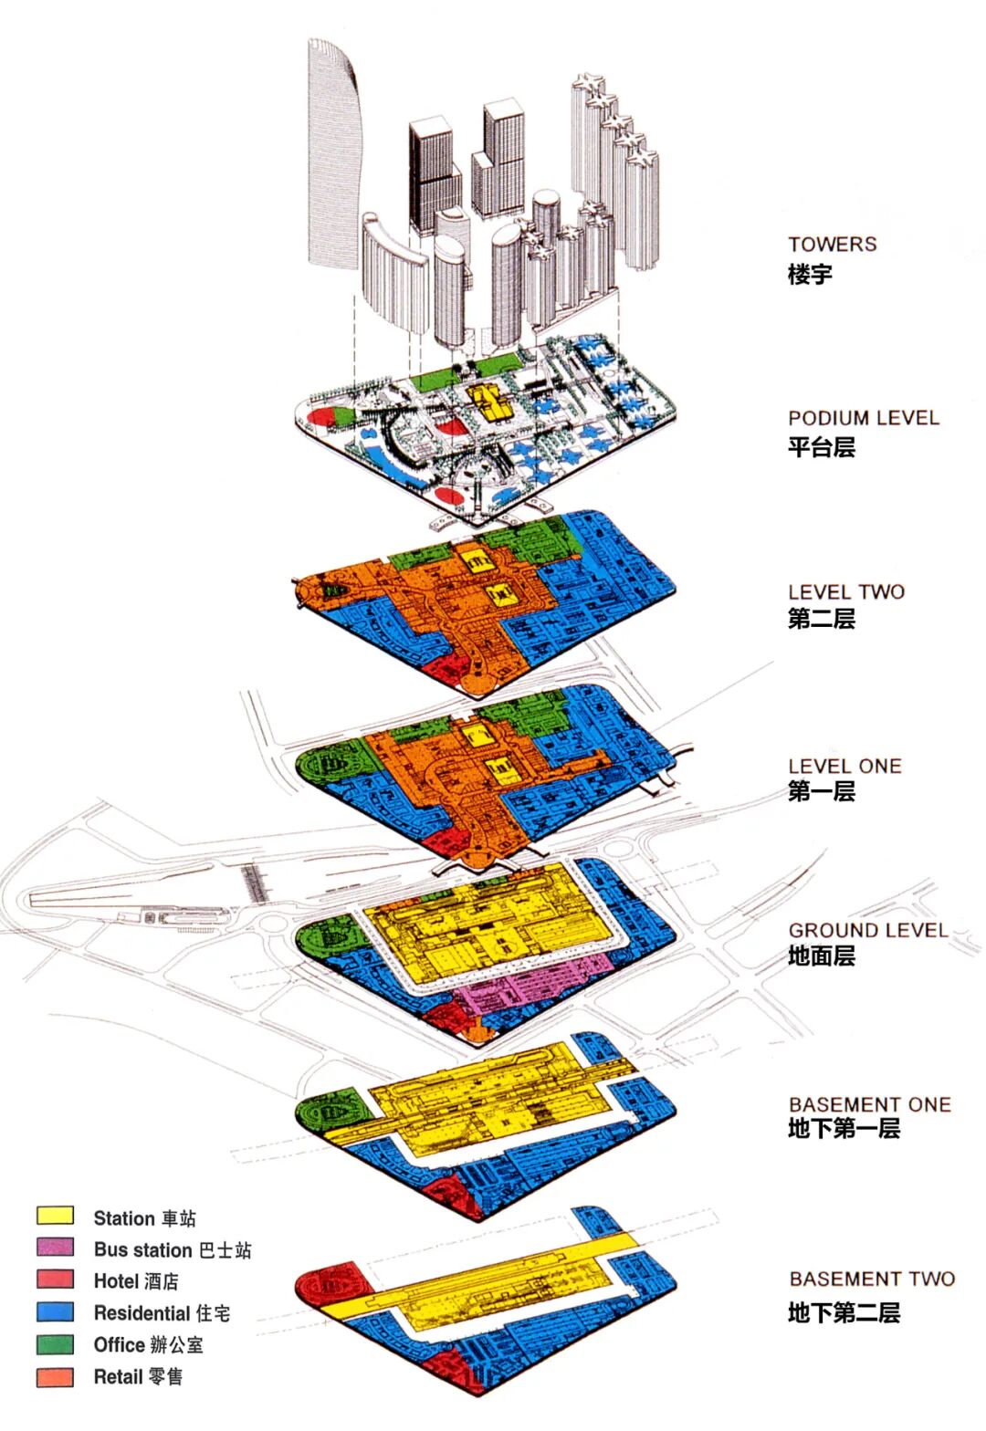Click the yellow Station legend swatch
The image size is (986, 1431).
(x=55, y=1216)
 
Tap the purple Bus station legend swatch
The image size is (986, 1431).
(x=55, y=1247)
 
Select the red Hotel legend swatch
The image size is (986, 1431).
(x=55, y=1279)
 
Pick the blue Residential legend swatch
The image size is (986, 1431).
(x=55, y=1311)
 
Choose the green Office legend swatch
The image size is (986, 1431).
(x=55, y=1343)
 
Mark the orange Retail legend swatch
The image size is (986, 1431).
(x=55, y=1376)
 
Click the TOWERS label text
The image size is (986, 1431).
(x=832, y=245)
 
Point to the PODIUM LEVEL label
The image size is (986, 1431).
(x=863, y=418)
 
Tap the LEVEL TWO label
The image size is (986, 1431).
(x=846, y=591)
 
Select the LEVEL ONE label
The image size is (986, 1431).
(x=844, y=766)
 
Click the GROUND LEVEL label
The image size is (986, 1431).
(x=867, y=930)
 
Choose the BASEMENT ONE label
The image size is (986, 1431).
(x=869, y=1104)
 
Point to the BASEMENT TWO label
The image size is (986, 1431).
(x=872, y=1279)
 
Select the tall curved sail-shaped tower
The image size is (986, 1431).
(x=333, y=155)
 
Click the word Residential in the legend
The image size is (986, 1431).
(x=142, y=1313)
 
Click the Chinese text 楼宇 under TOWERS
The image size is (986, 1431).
(x=810, y=274)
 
